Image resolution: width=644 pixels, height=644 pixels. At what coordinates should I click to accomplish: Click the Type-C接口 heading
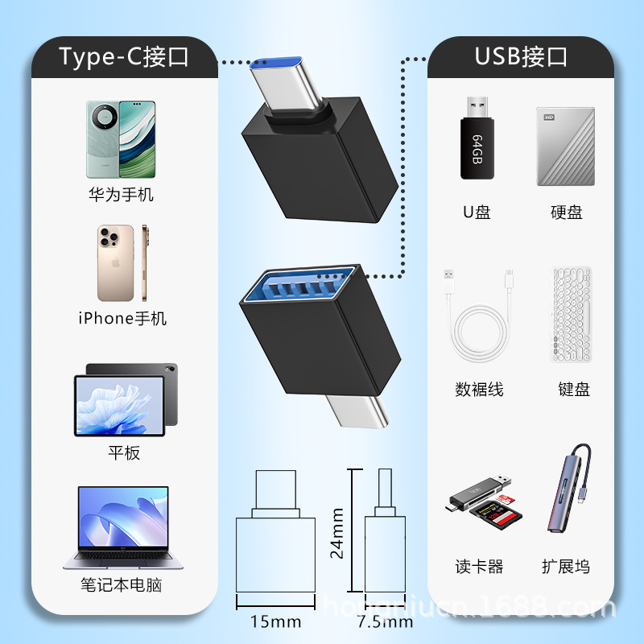pyautogui.click(x=123, y=56)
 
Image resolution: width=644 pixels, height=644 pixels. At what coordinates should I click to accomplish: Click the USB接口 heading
pyautogui.click(x=521, y=56)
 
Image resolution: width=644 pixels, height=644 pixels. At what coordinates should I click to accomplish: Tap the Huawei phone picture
pyautogui.click(x=121, y=138)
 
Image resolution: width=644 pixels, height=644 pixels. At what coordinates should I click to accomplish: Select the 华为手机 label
pyautogui.click(x=121, y=195)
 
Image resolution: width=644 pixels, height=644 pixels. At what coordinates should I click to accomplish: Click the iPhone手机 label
pyautogui.click(x=122, y=319)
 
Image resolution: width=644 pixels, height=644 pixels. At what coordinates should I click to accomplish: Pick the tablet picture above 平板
pyautogui.click(x=125, y=399)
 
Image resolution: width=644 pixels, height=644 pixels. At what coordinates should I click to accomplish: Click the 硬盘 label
pyautogui.click(x=566, y=213)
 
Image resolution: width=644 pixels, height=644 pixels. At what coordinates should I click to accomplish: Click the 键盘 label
pyautogui.click(x=574, y=390)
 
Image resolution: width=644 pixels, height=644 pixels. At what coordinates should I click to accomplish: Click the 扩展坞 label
pyautogui.click(x=565, y=567)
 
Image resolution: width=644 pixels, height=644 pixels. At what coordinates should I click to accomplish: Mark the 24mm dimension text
pyautogui.click(x=338, y=533)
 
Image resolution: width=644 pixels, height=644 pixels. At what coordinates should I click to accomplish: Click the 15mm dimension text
pyautogui.click(x=277, y=621)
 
